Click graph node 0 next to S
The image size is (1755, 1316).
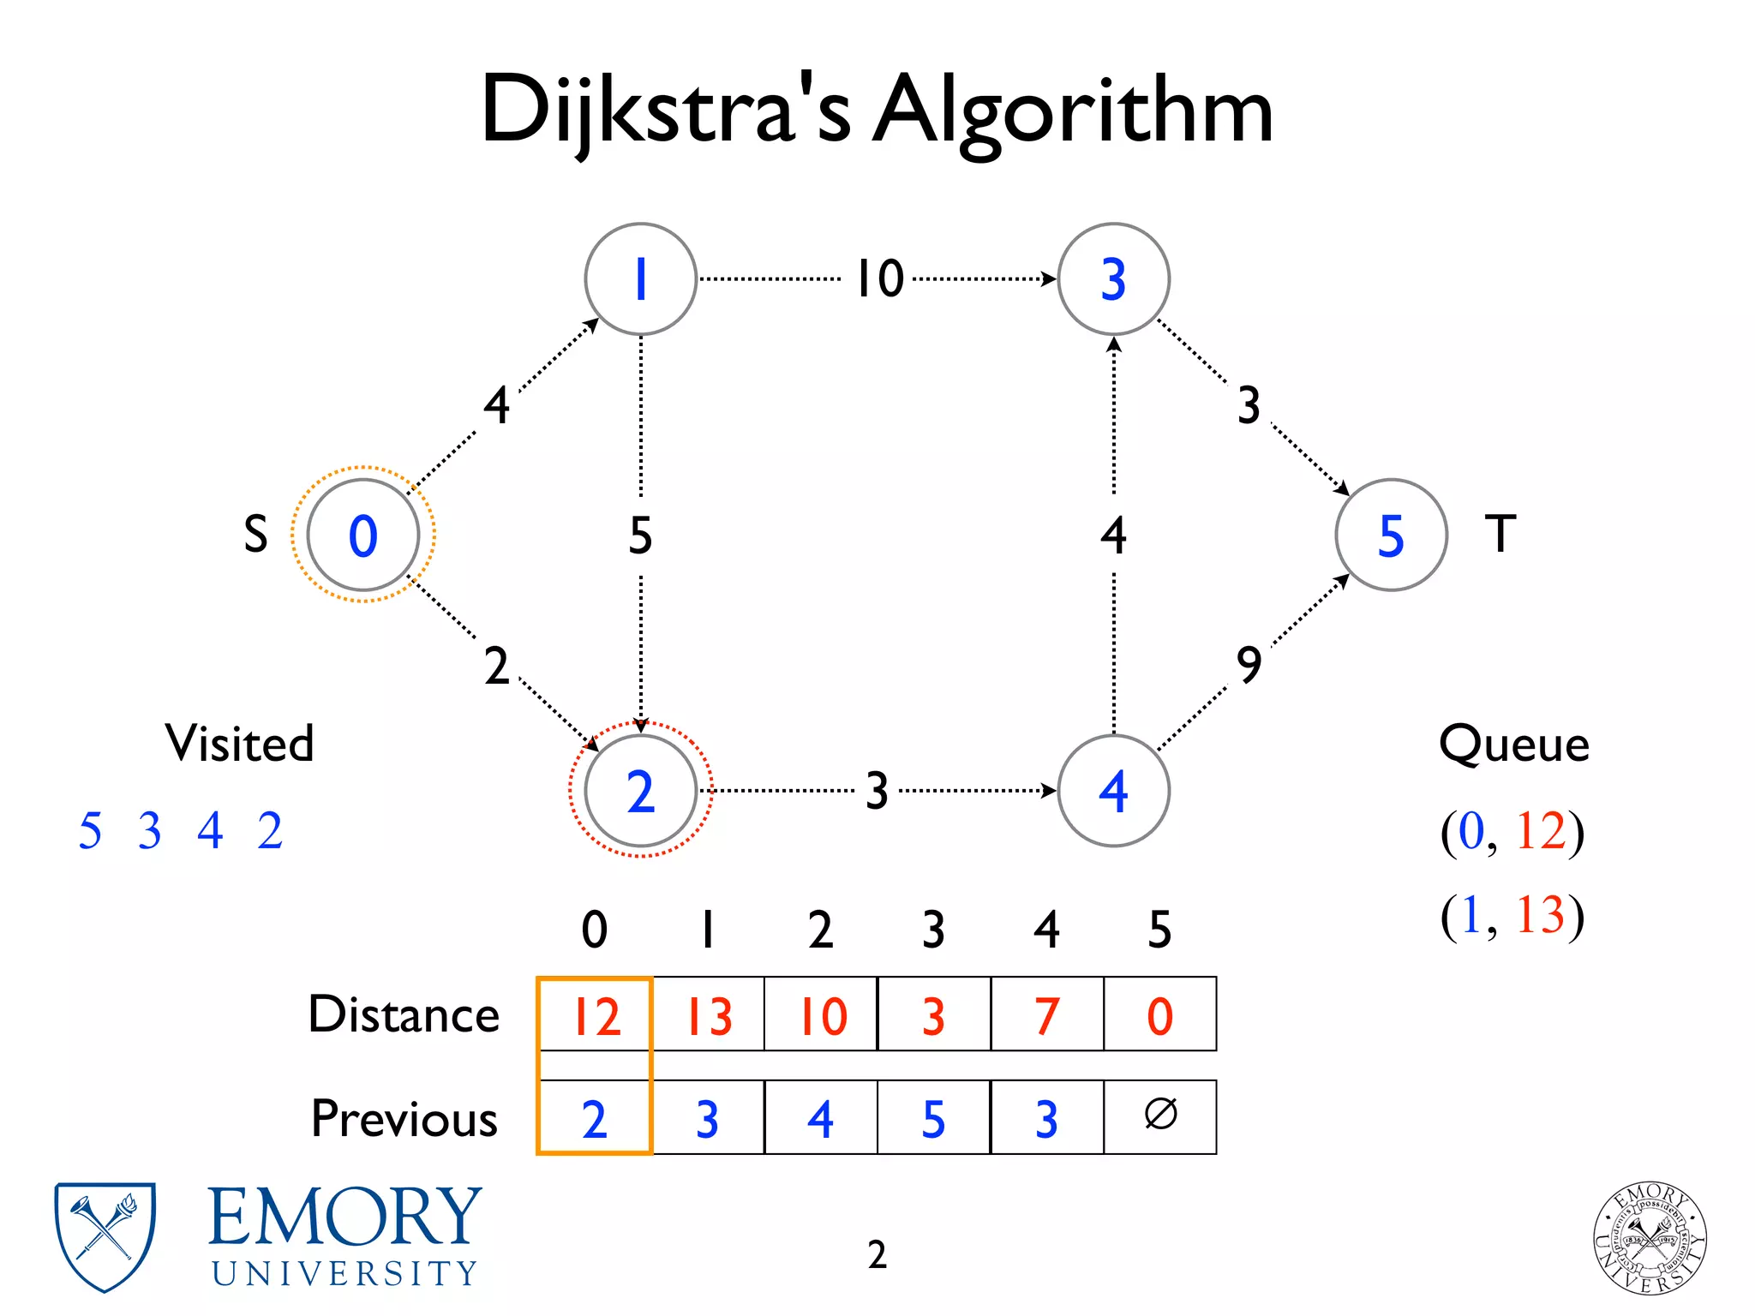tap(363, 535)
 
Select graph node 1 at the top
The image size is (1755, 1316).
tap(640, 279)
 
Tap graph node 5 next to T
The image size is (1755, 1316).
tap(1391, 535)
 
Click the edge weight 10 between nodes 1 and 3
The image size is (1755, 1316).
tap(880, 278)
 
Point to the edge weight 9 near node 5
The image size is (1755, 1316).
tap(1249, 664)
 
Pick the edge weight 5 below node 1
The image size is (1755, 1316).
tap(640, 535)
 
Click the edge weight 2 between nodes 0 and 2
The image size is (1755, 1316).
tap(496, 666)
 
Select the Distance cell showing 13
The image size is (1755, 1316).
tap(709, 1015)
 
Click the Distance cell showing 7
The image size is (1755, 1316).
tap(1046, 1015)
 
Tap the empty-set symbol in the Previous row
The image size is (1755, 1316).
tap(1160, 1116)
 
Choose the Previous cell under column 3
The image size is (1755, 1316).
tap(933, 1118)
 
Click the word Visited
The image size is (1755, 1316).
tap(240, 743)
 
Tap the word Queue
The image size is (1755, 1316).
tap(1514, 744)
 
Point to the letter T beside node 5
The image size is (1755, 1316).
tap(1500, 534)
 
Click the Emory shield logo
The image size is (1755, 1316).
tap(105, 1235)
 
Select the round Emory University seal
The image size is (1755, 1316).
tap(1650, 1237)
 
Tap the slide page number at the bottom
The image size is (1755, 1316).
tap(877, 1254)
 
